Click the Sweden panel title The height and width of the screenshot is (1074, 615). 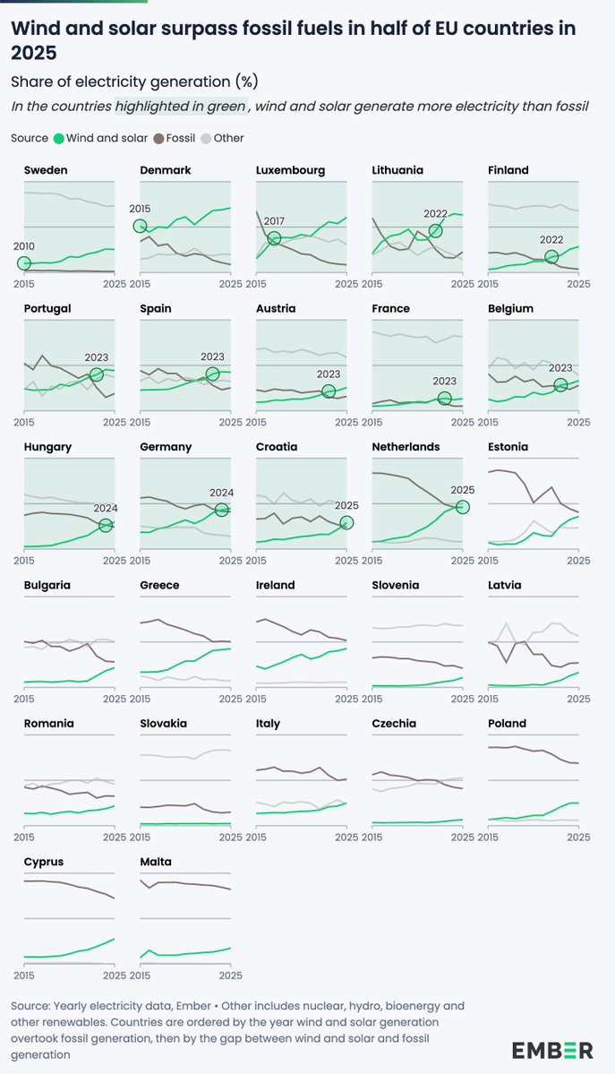(x=46, y=170)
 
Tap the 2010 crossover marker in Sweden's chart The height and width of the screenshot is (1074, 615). (x=24, y=262)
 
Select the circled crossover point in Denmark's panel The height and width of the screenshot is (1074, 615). (x=140, y=226)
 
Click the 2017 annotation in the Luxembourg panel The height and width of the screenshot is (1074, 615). (x=273, y=219)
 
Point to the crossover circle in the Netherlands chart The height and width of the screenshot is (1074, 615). (x=463, y=507)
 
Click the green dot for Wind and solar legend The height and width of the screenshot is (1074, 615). (x=59, y=139)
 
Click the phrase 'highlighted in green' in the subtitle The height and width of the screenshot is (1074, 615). (x=180, y=107)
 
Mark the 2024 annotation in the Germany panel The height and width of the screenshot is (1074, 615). (x=221, y=492)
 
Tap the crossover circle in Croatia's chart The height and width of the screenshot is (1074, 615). (x=346, y=522)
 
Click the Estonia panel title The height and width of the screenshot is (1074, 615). (x=508, y=447)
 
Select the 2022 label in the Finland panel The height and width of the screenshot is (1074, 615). (x=551, y=239)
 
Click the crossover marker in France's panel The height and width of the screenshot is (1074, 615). (x=445, y=399)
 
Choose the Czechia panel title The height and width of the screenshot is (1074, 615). (x=394, y=724)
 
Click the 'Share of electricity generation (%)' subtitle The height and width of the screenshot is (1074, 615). (x=134, y=82)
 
